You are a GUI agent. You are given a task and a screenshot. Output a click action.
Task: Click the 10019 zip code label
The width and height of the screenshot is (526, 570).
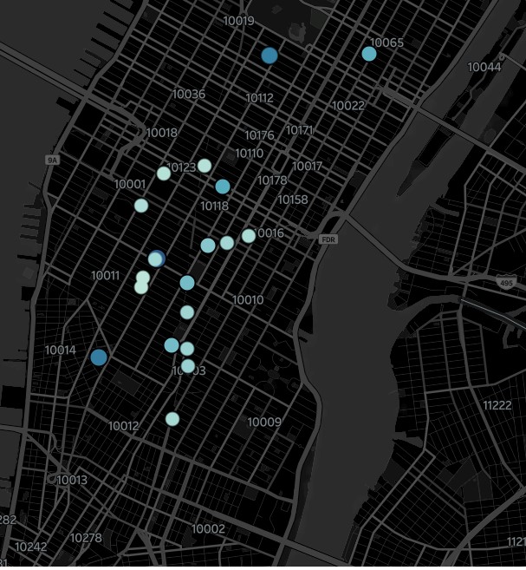point(238,21)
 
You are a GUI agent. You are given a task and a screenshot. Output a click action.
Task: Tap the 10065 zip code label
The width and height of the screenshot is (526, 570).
point(386,43)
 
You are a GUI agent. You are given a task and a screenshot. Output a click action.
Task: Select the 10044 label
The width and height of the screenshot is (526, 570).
point(484,67)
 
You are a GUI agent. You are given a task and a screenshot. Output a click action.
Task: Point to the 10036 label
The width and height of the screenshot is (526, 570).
point(188,94)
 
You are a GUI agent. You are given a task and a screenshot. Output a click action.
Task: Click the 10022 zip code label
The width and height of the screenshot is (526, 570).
point(348,106)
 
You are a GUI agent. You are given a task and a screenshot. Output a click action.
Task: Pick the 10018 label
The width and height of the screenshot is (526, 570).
point(161,133)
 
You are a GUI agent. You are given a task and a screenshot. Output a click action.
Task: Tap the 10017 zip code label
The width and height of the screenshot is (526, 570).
point(307,166)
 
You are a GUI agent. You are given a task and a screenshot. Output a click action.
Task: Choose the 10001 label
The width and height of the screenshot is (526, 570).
point(130,184)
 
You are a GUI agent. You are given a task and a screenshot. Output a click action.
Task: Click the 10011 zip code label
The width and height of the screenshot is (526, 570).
point(105,275)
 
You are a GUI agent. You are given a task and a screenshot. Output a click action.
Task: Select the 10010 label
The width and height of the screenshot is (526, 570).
point(248,300)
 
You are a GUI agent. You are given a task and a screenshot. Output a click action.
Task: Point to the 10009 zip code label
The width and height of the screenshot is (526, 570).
point(264,423)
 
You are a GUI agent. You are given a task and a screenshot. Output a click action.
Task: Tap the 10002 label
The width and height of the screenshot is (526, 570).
point(208,529)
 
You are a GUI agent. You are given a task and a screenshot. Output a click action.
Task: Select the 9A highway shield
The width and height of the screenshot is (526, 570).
point(53,161)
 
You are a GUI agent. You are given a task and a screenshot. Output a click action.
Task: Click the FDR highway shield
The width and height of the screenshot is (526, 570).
point(328,239)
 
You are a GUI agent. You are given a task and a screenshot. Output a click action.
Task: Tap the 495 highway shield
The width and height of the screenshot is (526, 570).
point(505,284)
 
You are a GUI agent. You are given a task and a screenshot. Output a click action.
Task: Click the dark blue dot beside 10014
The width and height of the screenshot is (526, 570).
point(99,357)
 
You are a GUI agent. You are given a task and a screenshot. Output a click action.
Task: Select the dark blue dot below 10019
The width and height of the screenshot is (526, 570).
point(269,56)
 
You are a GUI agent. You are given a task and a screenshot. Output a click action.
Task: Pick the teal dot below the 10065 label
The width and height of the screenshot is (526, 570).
point(369,54)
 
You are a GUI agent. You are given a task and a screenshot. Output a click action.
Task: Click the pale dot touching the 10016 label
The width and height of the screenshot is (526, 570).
point(249,235)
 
